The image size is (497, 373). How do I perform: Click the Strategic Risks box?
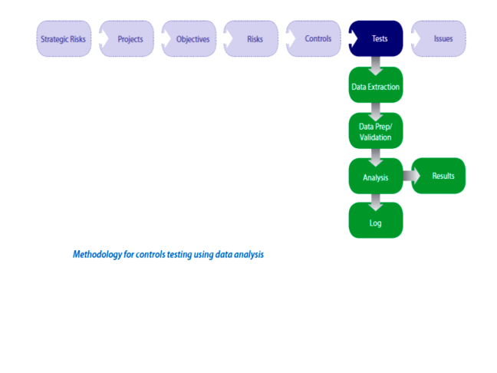(64, 38)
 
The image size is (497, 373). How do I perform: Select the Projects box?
(127, 38)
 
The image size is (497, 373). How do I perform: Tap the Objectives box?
(189, 38)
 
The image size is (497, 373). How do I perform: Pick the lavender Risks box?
(252, 38)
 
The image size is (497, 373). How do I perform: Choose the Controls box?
(314, 38)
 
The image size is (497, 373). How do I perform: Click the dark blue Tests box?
(377, 38)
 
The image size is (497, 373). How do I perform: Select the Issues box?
(439, 38)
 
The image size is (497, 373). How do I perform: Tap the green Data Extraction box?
(375, 87)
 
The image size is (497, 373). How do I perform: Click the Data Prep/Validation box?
(375, 131)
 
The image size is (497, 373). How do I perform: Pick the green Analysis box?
(375, 177)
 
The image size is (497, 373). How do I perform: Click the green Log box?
(375, 223)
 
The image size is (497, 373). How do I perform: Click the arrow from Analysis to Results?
(410, 177)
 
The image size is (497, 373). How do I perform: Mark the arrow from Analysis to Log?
(375, 202)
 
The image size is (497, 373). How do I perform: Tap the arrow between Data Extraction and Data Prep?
(375, 111)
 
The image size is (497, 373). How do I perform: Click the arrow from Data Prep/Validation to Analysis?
(375, 157)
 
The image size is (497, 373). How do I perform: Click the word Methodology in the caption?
(97, 254)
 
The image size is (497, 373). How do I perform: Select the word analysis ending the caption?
(248, 254)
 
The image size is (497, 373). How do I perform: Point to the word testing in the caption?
(177, 254)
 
